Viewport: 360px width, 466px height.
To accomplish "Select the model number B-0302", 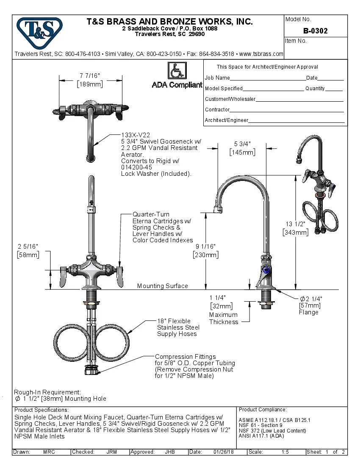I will [x=316, y=31].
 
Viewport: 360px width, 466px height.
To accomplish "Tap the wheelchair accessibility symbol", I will [x=174, y=70].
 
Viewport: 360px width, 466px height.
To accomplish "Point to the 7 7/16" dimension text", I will [x=89, y=76].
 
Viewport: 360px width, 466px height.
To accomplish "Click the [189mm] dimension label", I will [x=90, y=84].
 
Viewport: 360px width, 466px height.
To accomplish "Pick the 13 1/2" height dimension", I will [x=296, y=224].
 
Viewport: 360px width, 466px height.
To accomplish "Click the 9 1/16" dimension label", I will [x=206, y=247].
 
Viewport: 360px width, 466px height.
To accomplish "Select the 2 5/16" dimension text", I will [x=28, y=247].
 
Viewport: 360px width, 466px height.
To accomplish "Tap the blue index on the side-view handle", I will [x=266, y=270].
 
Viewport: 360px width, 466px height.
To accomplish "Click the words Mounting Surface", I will [x=162, y=286].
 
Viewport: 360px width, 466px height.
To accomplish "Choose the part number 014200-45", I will [x=137, y=167].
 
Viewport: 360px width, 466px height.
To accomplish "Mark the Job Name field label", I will [x=217, y=78].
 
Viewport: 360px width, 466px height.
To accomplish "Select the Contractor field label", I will [x=217, y=110].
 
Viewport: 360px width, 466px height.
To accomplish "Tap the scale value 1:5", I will [x=285, y=452].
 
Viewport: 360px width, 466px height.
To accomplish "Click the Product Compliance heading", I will [x=263, y=410].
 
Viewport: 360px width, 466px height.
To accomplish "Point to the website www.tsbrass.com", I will [x=261, y=54].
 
